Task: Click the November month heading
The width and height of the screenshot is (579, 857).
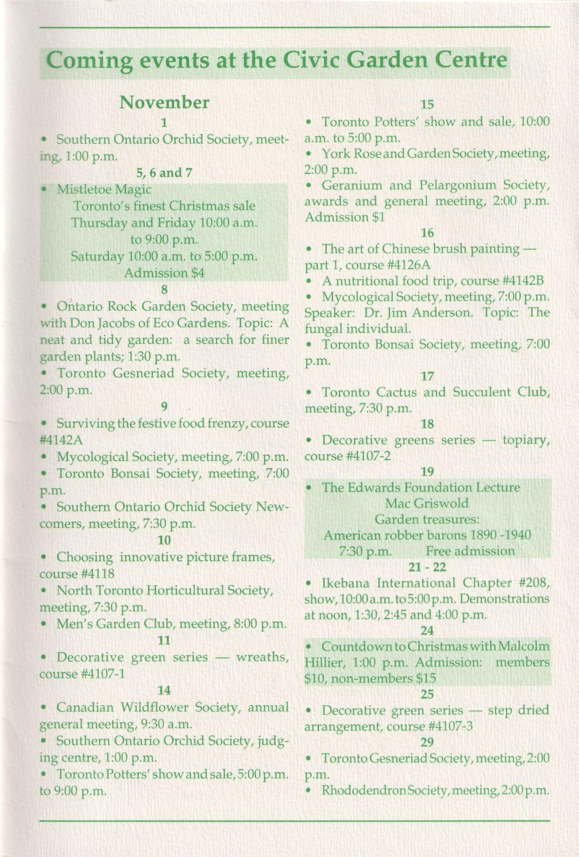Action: pos(164,103)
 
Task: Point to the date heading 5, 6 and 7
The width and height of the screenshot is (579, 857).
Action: pos(164,172)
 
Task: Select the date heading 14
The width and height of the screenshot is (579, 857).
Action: pos(164,691)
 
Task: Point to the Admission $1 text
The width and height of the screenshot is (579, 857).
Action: pos(344,217)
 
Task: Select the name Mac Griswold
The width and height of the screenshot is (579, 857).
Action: pos(427,503)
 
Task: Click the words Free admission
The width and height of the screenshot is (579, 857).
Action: pos(470,551)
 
